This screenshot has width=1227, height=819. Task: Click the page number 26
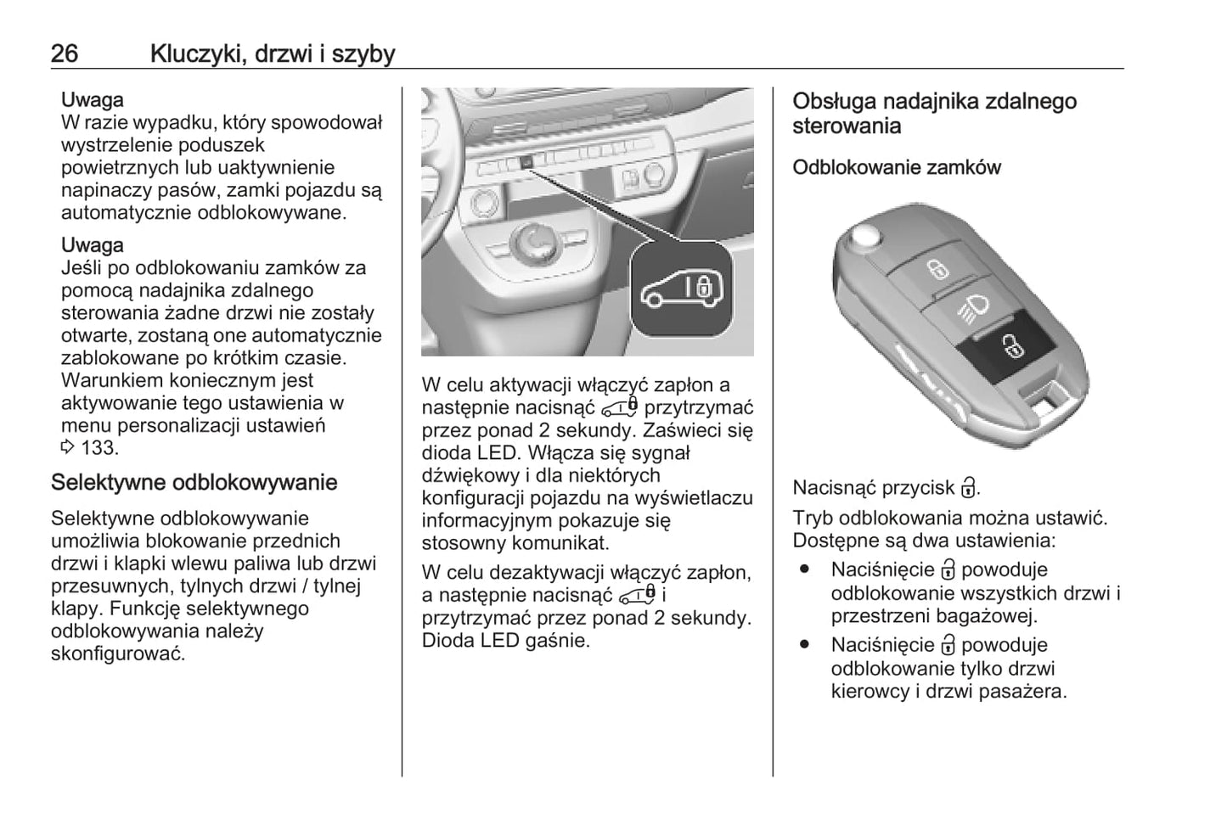pyautogui.click(x=65, y=53)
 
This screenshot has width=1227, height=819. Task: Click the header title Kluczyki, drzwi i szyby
pyautogui.click(x=272, y=53)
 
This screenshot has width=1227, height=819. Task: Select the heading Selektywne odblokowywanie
pyautogui.click(x=194, y=482)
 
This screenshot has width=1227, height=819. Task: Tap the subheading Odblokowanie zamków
pyautogui.click(x=896, y=167)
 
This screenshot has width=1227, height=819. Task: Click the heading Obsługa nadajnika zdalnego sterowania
pyautogui.click(x=934, y=113)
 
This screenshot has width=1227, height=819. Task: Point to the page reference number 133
pyautogui.click(x=98, y=447)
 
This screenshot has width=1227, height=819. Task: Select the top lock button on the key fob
pyautogui.click(x=937, y=270)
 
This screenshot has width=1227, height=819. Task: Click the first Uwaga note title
pyautogui.click(x=92, y=99)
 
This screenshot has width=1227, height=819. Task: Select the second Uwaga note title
pyautogui.click(x=92, y=245)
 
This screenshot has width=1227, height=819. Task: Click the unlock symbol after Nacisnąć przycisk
pyautogui.click(x=968, y=488)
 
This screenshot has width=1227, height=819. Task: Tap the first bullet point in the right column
pyautogui.click(x=804, y=570)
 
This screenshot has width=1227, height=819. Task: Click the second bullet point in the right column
pyautogui.click(x=804, y=645)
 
